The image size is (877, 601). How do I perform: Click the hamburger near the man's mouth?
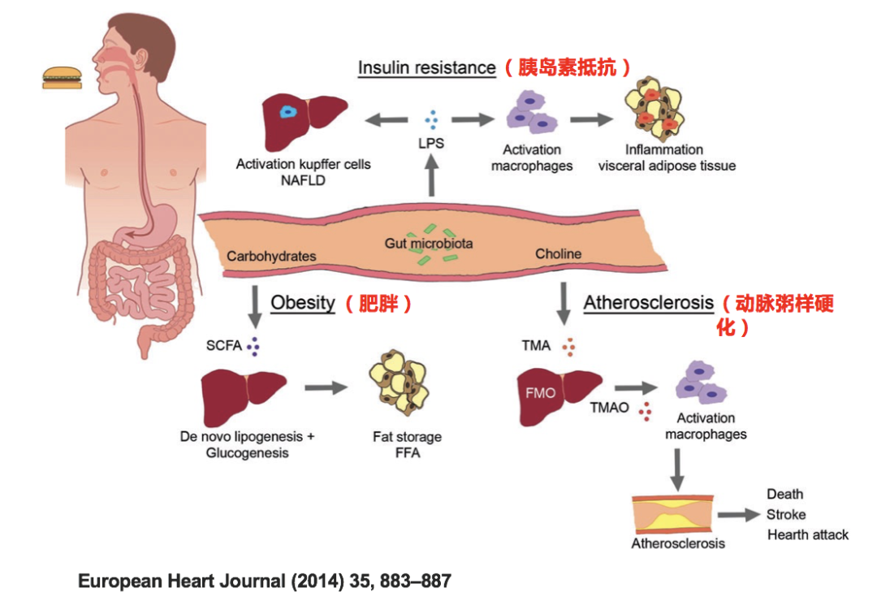(x=63, y=78)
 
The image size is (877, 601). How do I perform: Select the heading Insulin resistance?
(x=426, y=67)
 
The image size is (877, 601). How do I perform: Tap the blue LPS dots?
(x=431, y=120)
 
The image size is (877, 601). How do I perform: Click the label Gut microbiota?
(x=429, y=243)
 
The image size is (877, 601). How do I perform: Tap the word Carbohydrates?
(x=271, y=256)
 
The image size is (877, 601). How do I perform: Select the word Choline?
(x=558, y=254)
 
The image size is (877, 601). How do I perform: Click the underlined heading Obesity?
(x=303, y=303)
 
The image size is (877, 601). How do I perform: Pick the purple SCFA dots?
(x=256, y=347)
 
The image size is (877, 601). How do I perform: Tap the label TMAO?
(x=609, y=408)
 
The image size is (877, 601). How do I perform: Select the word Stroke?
(x=786, y=514)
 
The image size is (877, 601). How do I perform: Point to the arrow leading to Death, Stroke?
(x=741, y=515)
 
